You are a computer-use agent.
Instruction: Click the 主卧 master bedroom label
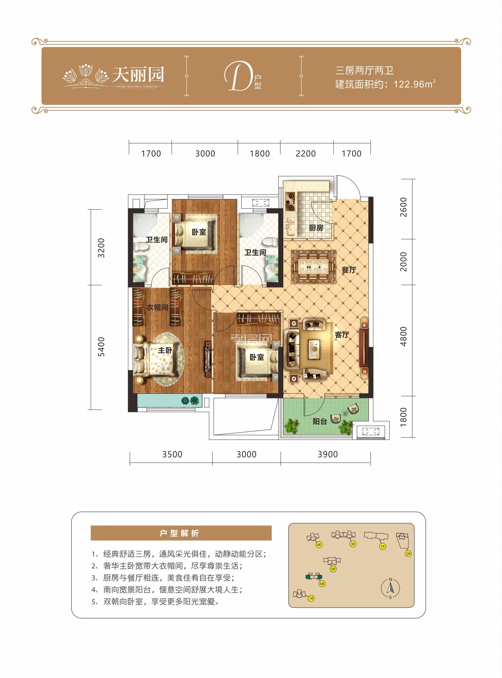click(x=165, y=350)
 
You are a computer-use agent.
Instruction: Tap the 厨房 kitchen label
click(x=316, y=228)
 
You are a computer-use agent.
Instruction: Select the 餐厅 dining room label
click(x=349, y=270)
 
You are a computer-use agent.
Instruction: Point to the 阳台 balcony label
click(x=320, y=422)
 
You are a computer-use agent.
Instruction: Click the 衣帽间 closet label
click(x=157, y=308)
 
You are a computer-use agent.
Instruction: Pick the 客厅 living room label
click(x=342, y=335)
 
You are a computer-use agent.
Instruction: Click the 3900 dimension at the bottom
click(x=328, y=454)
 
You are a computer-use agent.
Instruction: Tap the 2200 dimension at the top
click(x=305, y=154)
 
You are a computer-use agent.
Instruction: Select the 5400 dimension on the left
click(x=101, y=347)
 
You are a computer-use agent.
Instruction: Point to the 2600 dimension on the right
click(x=403, y=207)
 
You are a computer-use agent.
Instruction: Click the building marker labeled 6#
click(x=322, y=584)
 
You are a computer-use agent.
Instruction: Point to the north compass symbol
click(x=390, y=588)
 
